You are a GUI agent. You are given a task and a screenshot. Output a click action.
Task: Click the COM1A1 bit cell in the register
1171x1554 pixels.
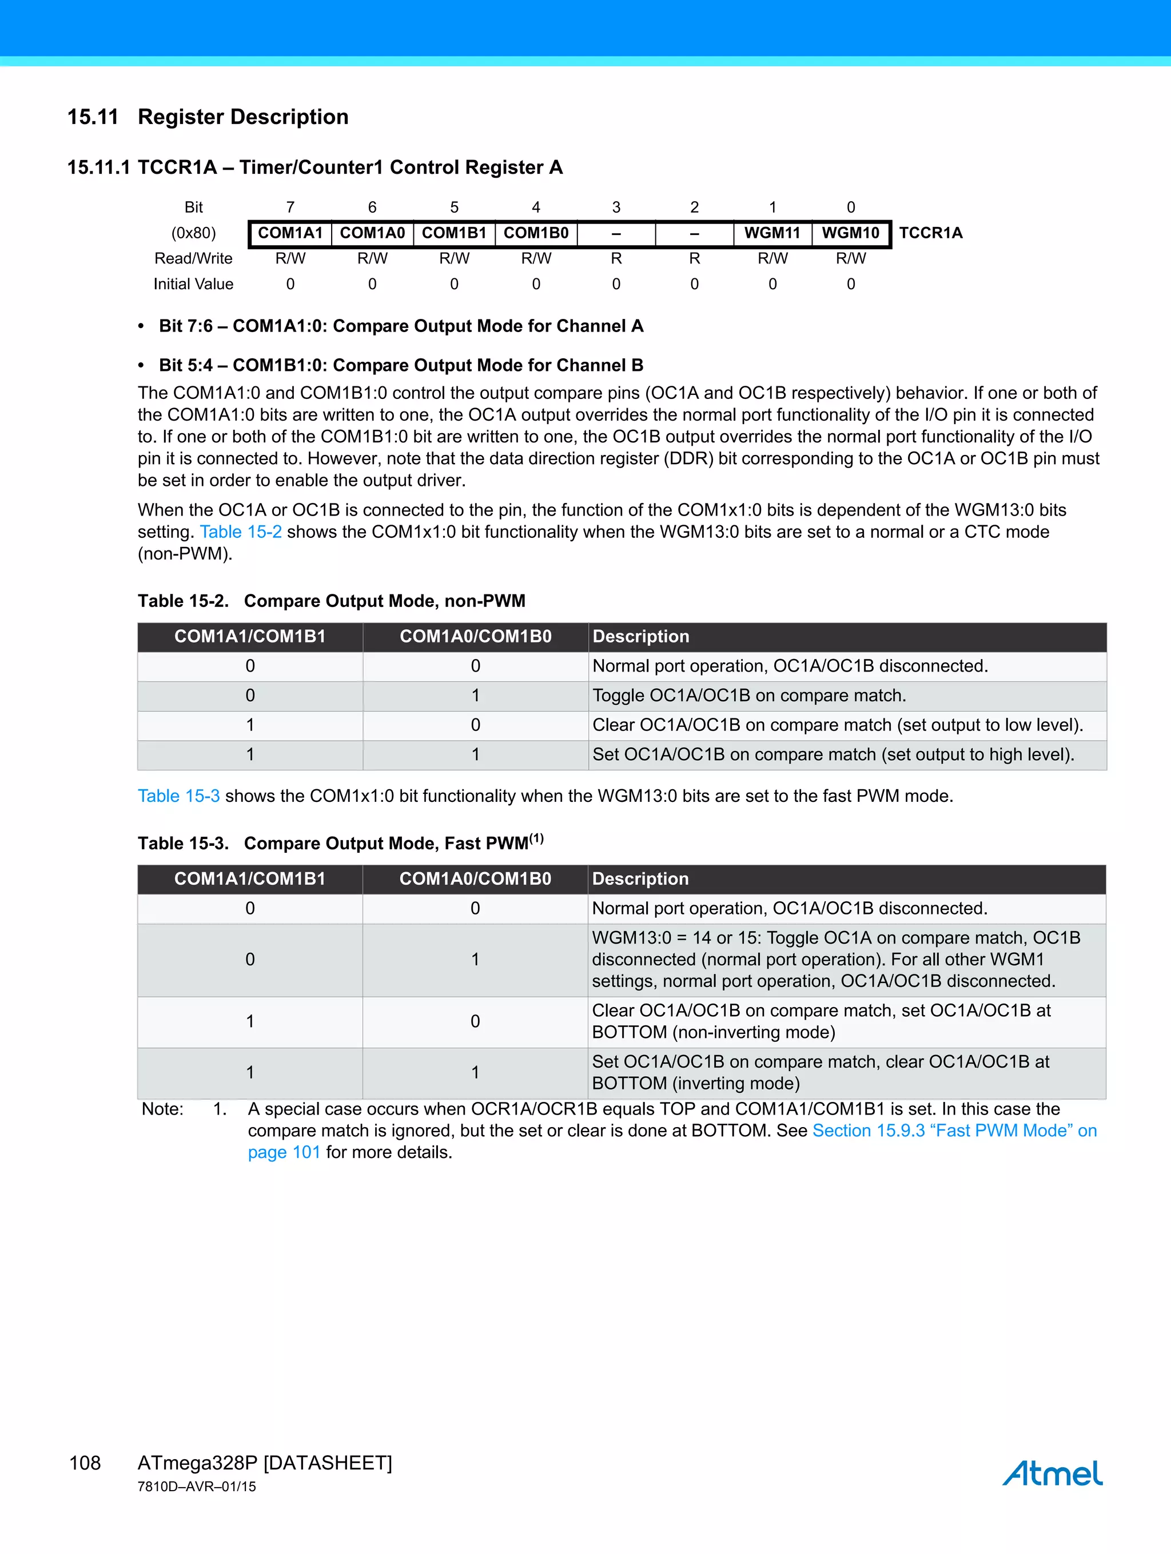tap(290, 233)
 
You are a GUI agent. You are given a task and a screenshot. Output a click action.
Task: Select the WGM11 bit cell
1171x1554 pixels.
tap(772, 233)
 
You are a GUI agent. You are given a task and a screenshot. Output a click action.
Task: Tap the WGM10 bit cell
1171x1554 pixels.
tap(850, 233)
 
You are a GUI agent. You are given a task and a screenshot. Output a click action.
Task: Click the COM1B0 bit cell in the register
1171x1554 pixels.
tap(536, 233)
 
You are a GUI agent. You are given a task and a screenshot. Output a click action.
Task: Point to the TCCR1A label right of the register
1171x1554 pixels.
tap(931, 233)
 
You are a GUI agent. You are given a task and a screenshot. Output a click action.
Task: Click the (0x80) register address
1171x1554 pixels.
tap(193, 233)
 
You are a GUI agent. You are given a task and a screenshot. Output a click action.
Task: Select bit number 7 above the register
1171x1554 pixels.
tap(290, 207)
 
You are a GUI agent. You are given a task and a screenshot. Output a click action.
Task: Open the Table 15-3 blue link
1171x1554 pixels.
tap(178, 796)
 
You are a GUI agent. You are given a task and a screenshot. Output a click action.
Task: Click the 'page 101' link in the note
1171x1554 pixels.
tap(284, 1152)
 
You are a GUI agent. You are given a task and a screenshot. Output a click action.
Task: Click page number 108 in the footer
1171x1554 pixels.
tap(85, 1463)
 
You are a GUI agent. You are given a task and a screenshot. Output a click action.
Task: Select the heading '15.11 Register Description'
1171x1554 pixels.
tap(208, 117)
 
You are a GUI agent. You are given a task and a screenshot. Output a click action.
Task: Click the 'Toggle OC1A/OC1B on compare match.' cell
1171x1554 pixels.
tap(749, 696)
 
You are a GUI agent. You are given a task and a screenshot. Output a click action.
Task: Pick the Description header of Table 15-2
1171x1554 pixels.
tap(641, 637)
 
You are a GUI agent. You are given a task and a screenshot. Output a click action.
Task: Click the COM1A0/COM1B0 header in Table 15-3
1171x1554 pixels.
tap(475, 879)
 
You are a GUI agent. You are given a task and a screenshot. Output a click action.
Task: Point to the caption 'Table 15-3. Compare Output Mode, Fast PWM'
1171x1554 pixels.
tap(340, 843)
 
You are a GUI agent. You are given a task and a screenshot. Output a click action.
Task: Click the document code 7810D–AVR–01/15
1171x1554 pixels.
tap(197, 1487)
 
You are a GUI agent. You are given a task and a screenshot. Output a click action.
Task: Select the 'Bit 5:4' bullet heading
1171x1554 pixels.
tap(401, 365)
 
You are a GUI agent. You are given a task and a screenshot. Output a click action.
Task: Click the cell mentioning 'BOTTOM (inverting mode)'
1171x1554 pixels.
tap(821, 1072)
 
